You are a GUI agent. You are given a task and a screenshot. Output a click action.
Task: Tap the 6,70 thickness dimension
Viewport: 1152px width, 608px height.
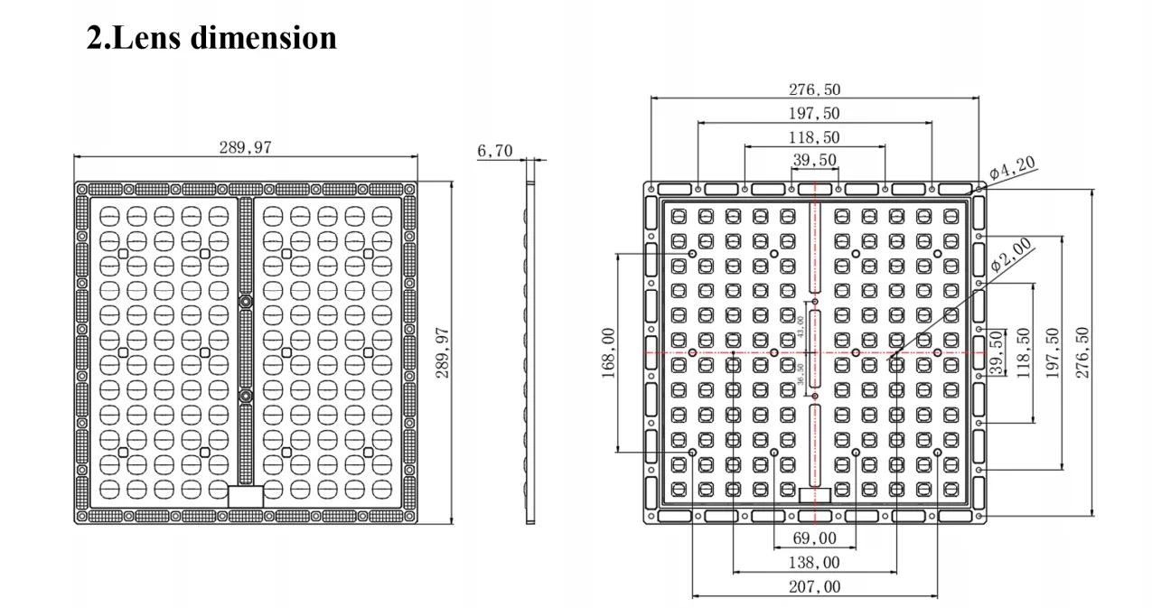[494, 151]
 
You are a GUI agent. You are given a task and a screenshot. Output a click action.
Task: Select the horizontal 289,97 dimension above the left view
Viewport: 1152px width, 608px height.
[244, 147]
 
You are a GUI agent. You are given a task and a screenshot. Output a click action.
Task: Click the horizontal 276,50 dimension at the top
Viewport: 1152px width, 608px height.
[814, 89]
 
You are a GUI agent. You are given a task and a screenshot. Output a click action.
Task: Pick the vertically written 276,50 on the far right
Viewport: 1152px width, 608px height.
[1083, 352]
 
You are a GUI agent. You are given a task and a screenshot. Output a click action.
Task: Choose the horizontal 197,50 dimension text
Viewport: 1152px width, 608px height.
[814, 114]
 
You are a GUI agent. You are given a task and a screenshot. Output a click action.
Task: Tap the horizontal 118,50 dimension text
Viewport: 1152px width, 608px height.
[814, 137]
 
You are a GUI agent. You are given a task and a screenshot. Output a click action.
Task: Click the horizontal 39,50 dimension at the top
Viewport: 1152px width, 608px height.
[814, 160]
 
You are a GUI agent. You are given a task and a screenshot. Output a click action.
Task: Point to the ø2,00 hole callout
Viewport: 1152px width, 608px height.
[1010, 256]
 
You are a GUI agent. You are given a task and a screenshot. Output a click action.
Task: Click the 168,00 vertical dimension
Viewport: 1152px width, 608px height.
[607, 352]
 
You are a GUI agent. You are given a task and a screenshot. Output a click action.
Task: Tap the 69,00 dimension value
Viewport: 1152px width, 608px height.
[814, 538]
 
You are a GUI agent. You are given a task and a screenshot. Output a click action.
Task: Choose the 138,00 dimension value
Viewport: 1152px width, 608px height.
[814, 563]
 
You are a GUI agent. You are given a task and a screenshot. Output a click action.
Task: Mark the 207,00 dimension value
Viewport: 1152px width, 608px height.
[814, 587]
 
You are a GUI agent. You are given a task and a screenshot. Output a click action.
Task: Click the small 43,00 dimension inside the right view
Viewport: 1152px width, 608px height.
[801, 327]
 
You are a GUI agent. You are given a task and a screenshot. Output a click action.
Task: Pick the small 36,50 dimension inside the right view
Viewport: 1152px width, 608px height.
[801, 373]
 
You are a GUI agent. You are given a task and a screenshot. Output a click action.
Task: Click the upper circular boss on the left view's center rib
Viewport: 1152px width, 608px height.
[245, 300]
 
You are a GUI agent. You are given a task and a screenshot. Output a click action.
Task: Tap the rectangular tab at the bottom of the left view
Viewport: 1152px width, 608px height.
[245, 496]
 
